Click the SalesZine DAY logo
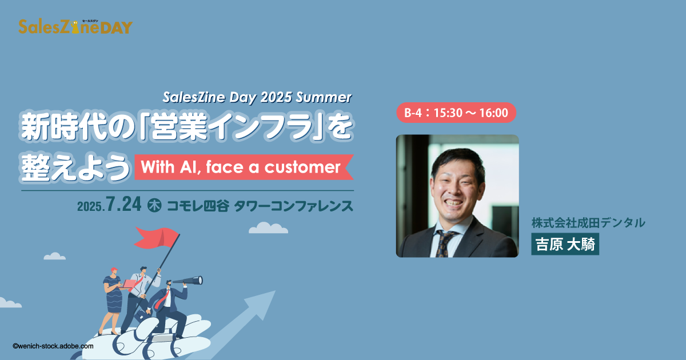click(75, 27)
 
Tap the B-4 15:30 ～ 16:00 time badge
click(456, 113)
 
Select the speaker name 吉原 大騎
click(565, 245)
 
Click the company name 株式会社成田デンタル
click(588, 222)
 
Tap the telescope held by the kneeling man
click(188, 281)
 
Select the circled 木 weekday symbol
click(154, 205)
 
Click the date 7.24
click(123, 204)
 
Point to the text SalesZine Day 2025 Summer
click(257, 97)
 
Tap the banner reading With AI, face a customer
click(244, 167)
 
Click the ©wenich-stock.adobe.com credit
click(53, 346)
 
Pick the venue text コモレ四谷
click(198, 206)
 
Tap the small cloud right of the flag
click(268, 228)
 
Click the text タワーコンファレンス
click(294, 206)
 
